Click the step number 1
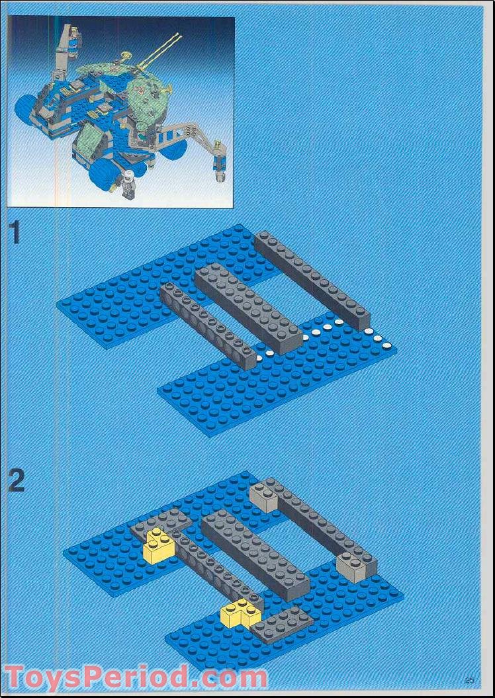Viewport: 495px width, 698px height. (x=15, y=234)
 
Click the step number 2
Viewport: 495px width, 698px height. (x=16, y=481)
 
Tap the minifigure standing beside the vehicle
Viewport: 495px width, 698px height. (x=128, y=183)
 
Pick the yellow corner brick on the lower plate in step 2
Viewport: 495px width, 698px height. (x=242, y=613)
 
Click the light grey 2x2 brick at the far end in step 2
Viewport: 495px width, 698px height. (x=263, y=495)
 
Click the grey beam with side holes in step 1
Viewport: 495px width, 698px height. (x=206, y=324)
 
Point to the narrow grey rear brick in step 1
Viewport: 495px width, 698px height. (x=311, y=278)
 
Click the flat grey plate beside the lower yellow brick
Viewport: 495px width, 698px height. (x=282, y=623)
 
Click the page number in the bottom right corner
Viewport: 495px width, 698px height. (x=470, y=679)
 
